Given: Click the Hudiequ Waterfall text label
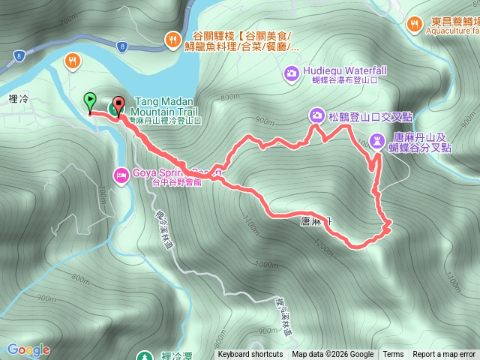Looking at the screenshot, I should coord(346,70).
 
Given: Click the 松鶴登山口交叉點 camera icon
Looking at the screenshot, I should coord(316,115).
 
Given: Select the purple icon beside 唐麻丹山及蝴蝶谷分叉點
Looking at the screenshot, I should coord(377,139).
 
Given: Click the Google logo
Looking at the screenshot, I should coord(28,349).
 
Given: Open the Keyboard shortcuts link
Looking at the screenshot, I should coord(250,355).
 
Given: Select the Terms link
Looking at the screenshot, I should coord(393,355).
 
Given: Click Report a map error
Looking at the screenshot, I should coord(445,355).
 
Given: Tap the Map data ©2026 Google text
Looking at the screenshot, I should coord(332,355).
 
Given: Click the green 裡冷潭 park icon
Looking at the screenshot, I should coord(145,355).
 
